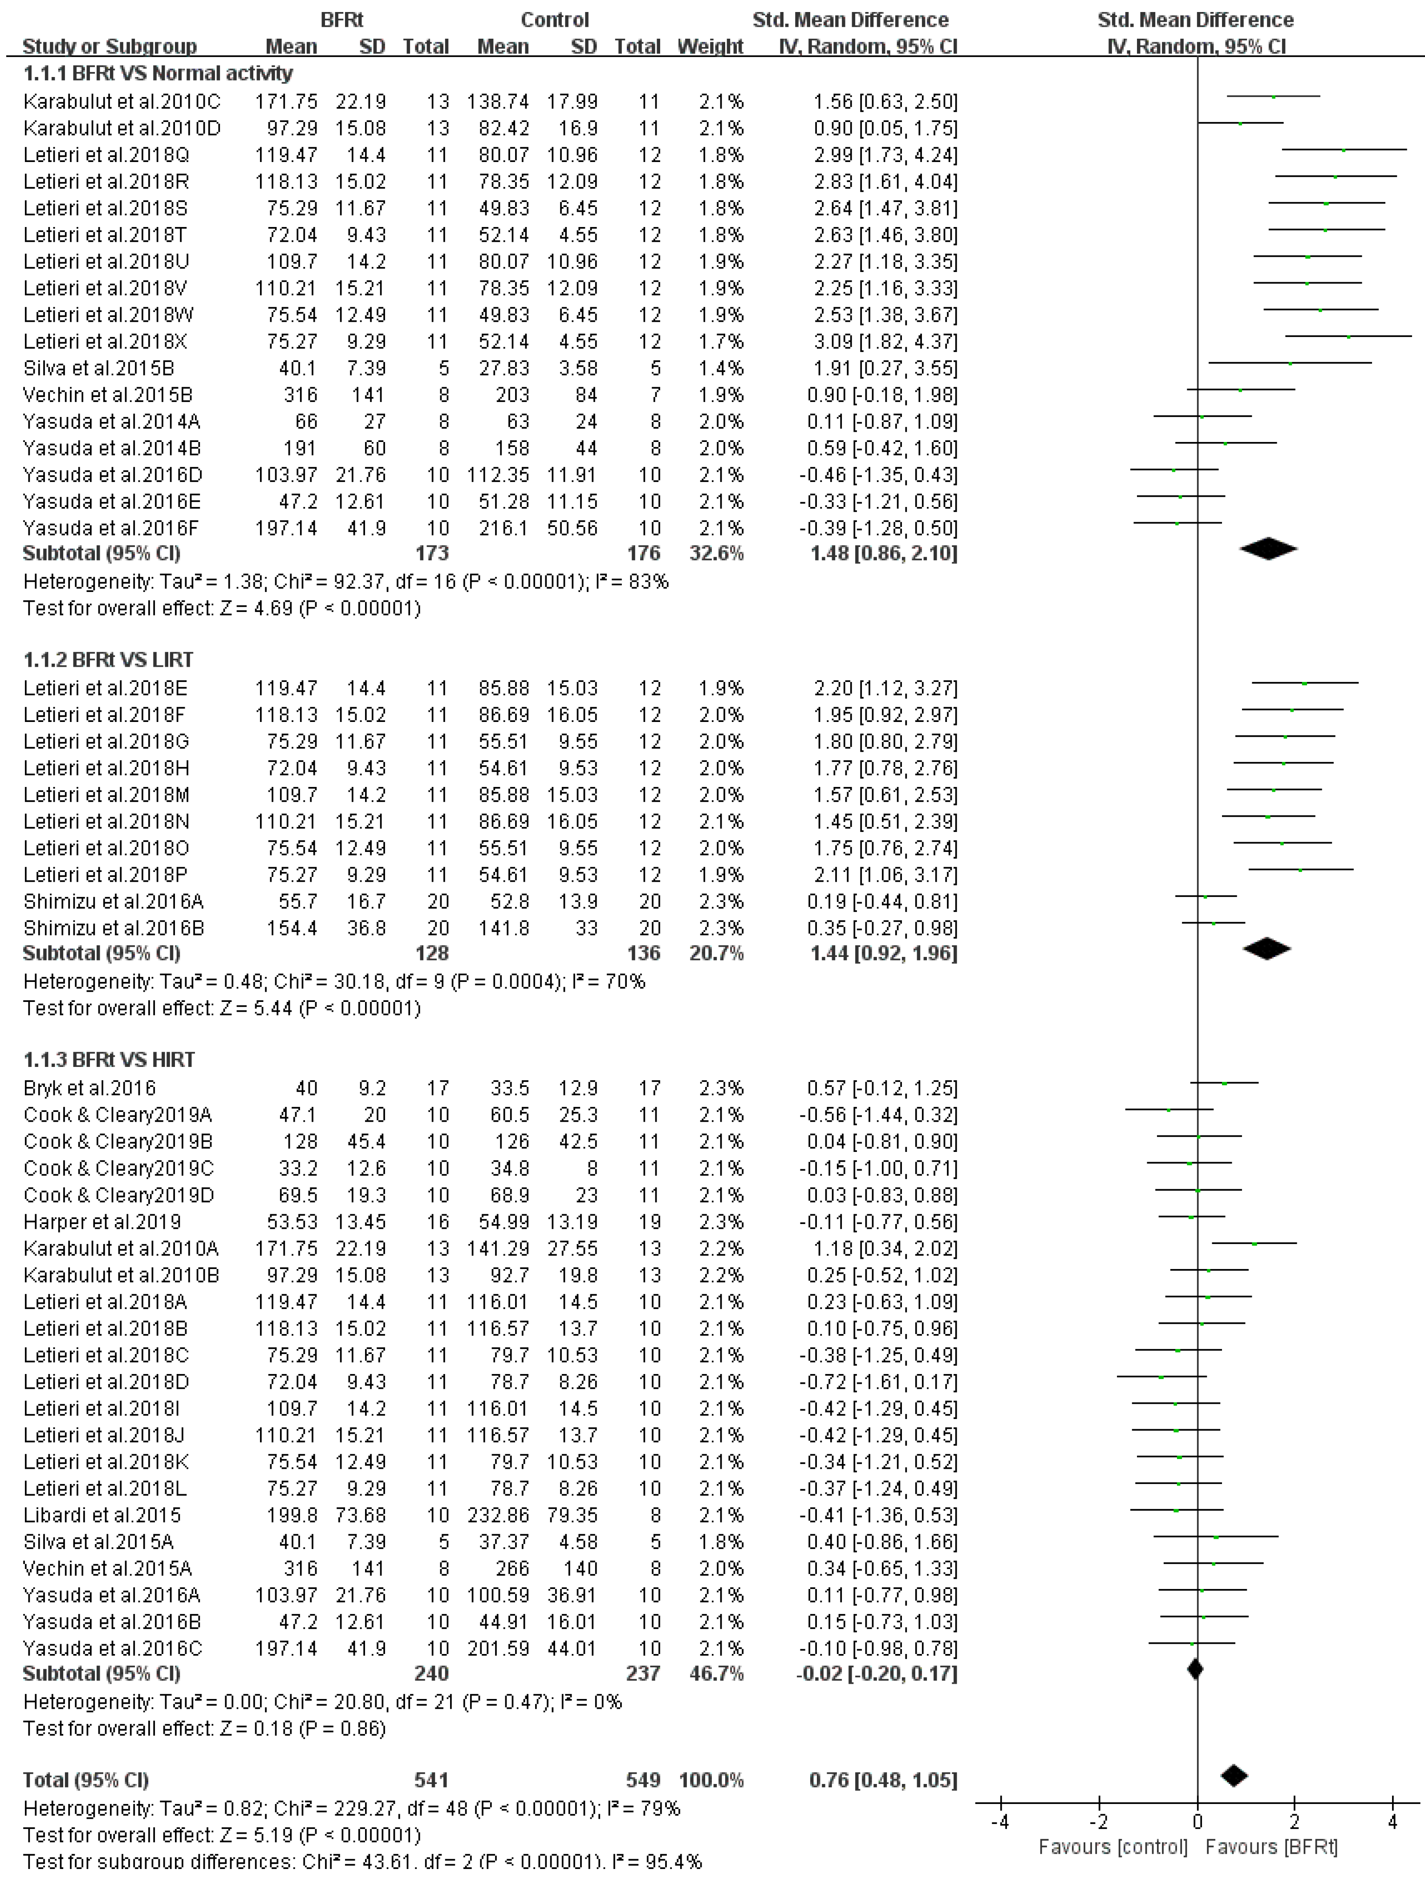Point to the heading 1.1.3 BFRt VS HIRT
click(109, 1060)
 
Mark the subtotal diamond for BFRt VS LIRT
click(1266, 949)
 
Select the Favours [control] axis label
click(1112, 1846)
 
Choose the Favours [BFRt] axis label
click(1271, 1846)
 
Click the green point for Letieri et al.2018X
click(1348, 337)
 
